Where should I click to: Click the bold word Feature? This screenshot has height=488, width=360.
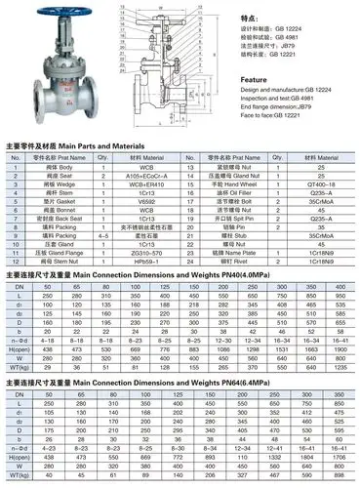tap(255, 79)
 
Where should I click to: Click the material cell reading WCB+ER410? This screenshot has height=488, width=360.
tap(149, 183)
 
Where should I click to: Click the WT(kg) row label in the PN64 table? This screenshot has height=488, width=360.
tap(16, 476)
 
